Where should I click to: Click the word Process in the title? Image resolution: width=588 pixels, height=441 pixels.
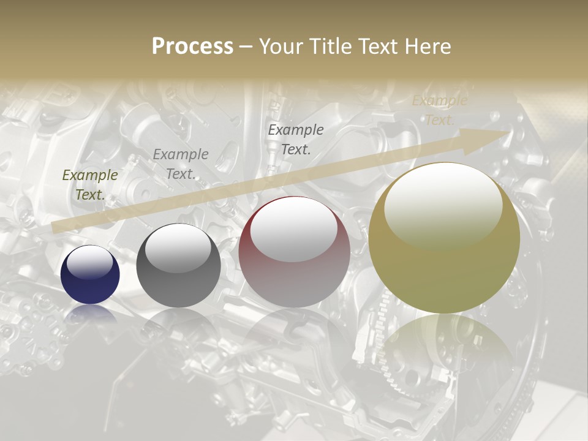[x=192, y=47]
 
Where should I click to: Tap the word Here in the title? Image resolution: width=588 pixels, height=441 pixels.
[x=428, y=47]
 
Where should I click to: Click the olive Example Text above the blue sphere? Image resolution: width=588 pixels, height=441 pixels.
[x=89, y=185]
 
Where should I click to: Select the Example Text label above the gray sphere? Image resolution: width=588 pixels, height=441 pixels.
[x=180, y=164]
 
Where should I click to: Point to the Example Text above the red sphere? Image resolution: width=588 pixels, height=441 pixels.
[x=295, y=139]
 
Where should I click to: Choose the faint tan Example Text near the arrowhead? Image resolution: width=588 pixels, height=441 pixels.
[x=439, y=110]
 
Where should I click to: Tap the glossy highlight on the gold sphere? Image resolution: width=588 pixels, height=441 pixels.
[x=443, y=205]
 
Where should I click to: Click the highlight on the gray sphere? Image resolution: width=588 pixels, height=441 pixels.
[x=178, y=248]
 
